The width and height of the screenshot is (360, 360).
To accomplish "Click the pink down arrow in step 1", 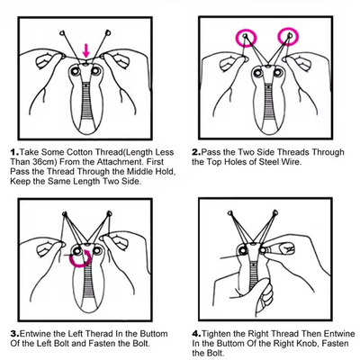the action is click(x=86, y=51).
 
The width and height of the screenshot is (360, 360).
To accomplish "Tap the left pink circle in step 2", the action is click(x=237, y=38).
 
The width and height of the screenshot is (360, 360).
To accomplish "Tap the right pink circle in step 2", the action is click(x=279, y=37).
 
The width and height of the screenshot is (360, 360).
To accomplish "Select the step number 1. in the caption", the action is click(x=14, y=152).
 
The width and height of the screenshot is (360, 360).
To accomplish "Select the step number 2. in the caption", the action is click(x=196, y=152).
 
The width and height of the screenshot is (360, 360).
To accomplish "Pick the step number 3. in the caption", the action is click(x=15, y=334).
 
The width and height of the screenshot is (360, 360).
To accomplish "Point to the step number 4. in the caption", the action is click(x=196, y=334).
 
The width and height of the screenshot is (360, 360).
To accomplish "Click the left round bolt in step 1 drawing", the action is click(x=75, y=71).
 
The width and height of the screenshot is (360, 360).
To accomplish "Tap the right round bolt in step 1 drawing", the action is click(x=96, y=71).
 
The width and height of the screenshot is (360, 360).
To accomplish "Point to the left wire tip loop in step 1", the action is click(x=63, y=32).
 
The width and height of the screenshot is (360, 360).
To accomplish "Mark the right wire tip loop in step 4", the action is click(x=274, y=213).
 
